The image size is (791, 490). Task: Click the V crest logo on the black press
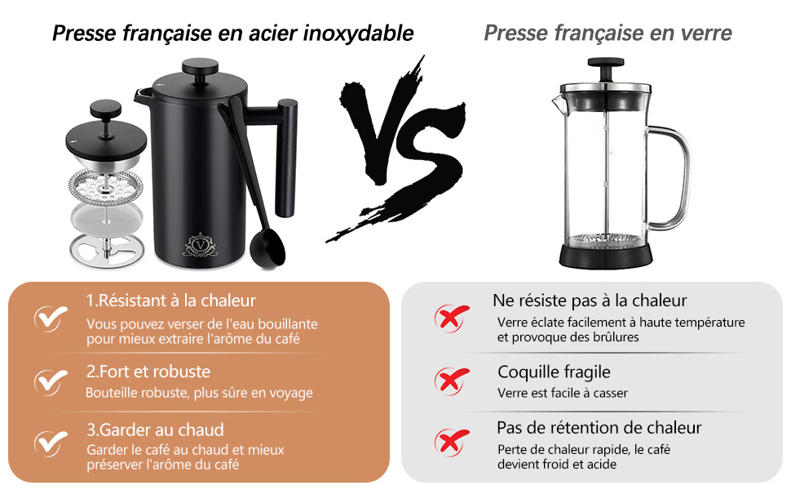tap(199, 243)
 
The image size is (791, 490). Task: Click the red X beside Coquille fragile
tap(451, 380)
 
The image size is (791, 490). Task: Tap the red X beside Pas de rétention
tap(451, 442)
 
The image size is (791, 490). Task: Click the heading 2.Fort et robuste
tap(148, 372)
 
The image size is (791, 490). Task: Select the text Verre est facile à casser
tap(563, 393)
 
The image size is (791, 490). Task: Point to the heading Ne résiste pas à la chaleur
tap(590, 301)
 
